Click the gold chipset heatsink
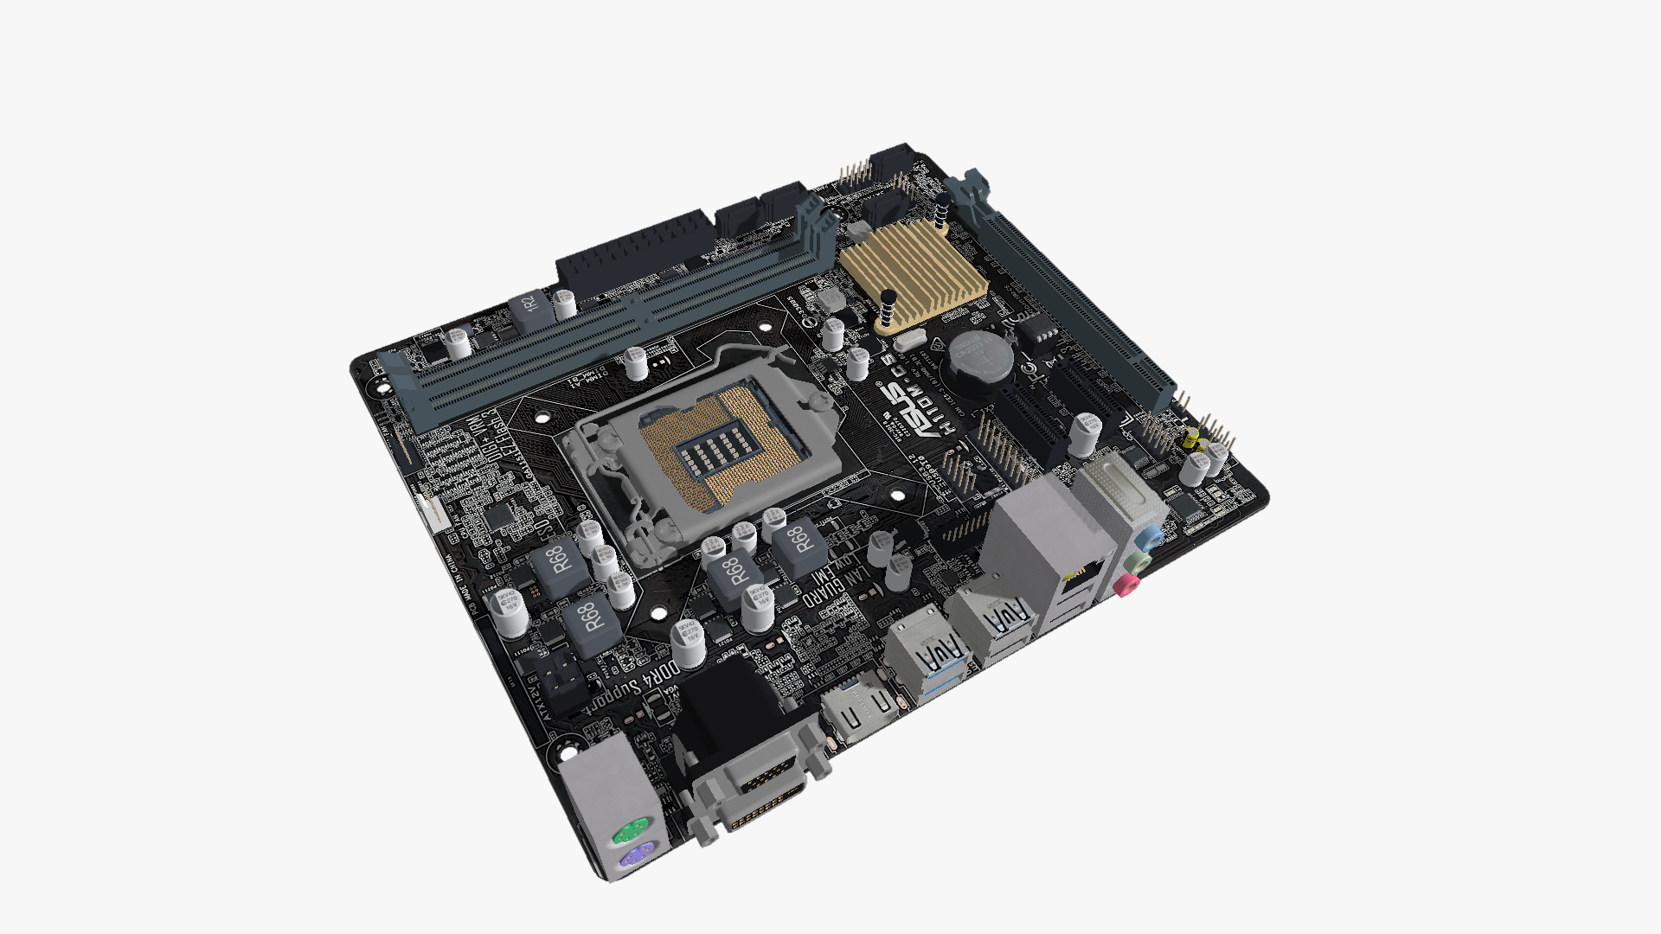[x=913, y=268]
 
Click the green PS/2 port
[x=629, y=832]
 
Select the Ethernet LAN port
[x=1079, y=575]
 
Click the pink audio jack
[x=1124, y=586]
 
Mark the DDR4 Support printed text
[x=636, y=683]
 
